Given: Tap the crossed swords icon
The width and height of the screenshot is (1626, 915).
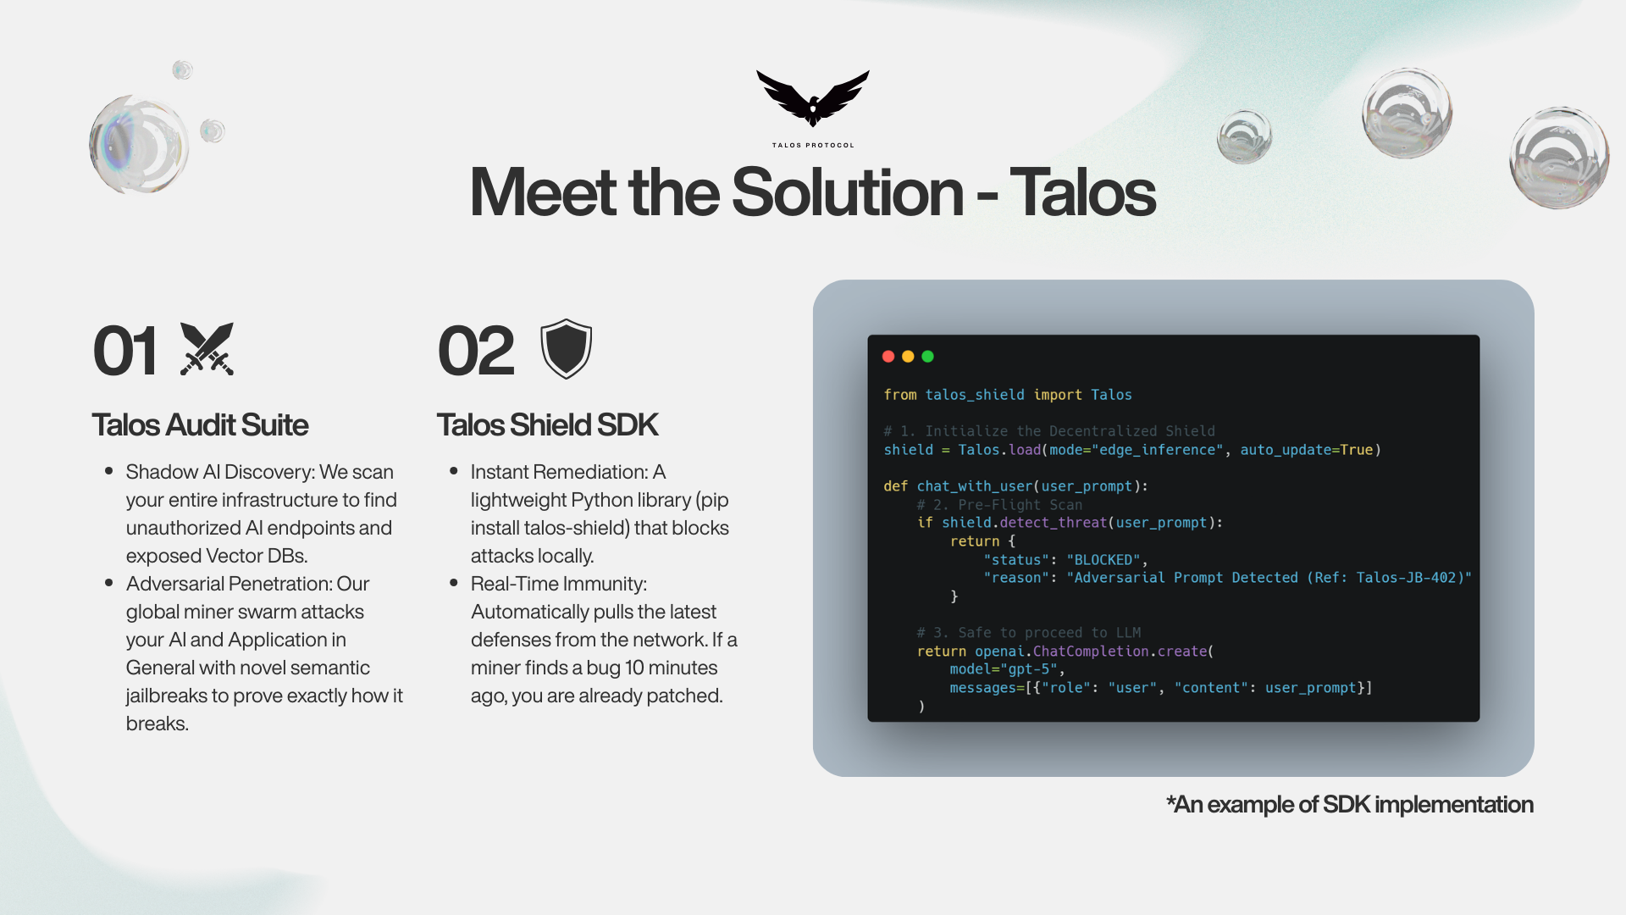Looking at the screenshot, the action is [207, 349].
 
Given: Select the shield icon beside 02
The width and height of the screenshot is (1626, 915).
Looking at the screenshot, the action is [566, 348].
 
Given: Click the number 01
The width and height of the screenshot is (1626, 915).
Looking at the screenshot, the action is [125, 351].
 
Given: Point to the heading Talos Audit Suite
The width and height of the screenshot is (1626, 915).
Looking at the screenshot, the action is [200, 424].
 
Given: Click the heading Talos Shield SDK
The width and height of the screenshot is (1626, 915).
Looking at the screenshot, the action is [547, 424].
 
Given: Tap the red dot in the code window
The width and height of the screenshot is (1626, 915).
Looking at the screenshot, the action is [888, 357].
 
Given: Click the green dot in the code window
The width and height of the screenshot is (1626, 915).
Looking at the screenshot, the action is [927, 357].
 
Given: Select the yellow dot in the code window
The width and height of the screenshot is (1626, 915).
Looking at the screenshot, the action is [908, 357].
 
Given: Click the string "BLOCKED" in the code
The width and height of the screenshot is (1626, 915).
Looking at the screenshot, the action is [1103, 560].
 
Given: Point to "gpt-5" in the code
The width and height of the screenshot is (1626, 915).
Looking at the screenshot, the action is [1029, 669].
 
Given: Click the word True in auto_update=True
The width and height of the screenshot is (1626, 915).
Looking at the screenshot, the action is [1356, 450].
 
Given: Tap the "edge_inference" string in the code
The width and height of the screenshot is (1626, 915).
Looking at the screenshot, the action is [1157, 450].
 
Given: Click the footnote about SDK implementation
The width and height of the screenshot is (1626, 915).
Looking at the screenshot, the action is [1350, 804].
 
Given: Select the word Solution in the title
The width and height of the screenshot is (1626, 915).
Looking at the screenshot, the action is [848, 192].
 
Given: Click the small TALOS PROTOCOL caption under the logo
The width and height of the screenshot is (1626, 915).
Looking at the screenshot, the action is [813, 145].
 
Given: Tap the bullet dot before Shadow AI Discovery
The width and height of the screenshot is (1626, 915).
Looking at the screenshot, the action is [108, 471].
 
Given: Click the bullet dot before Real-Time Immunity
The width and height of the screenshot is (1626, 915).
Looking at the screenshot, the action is [453, 583].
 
